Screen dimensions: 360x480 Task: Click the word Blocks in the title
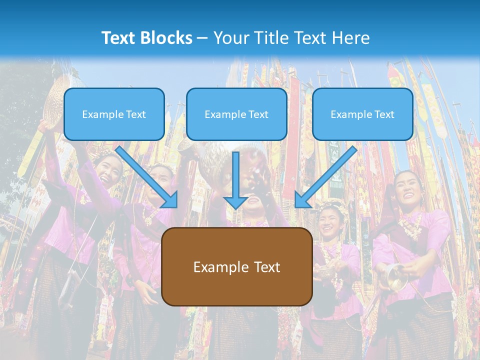point(167,38)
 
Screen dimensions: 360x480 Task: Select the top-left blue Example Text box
point(114,114)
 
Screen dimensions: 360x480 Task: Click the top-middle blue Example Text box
point(236,114)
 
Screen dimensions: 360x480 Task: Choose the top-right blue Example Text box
point(362,114)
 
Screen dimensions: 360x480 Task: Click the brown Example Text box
point(237,266)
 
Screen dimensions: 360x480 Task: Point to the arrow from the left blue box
point(148,177)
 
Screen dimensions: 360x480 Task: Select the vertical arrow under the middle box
point(235,180)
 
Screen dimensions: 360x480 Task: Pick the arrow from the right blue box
point(325,177)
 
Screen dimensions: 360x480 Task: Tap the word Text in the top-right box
point(383,114)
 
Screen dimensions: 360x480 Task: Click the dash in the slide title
point(202,38)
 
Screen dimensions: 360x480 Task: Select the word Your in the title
point(229,38)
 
